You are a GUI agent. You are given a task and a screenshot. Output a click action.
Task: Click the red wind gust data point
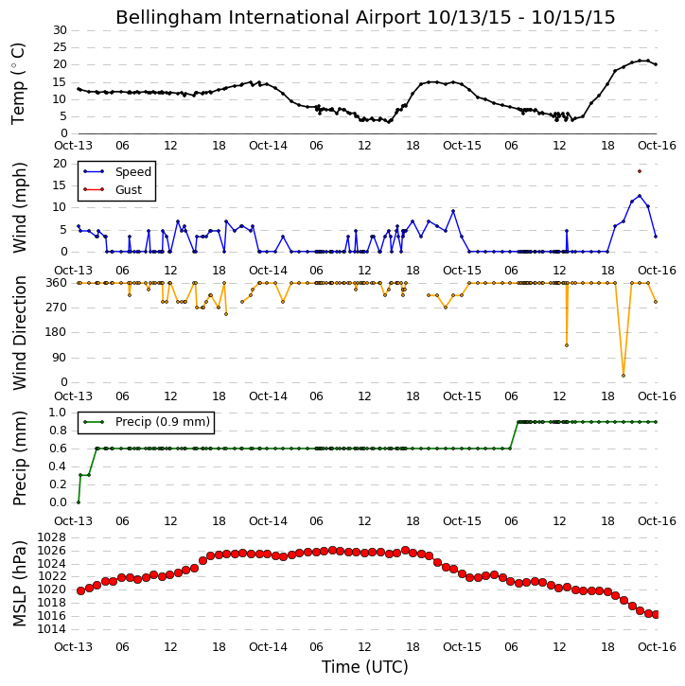click(640, 171)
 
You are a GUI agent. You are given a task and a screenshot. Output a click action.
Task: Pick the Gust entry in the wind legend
click(113, 190)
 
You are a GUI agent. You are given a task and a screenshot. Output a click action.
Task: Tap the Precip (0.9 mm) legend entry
click(147, 422)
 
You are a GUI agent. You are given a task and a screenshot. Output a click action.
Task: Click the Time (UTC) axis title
click(365, 667)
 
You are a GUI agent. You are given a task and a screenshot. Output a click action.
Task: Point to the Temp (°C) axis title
click(18, 83)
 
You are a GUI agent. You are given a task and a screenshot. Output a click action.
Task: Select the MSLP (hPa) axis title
click(19, 584)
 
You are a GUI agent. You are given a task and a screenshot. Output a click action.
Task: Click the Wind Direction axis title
click(19, 333)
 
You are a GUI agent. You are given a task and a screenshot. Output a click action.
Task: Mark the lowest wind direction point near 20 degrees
click(624, 376)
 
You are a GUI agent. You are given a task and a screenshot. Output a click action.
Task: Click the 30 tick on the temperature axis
click(60, 30)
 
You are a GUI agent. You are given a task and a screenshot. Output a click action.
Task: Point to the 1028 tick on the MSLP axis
click(52, 537)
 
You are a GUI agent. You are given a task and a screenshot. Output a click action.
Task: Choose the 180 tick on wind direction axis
click(57, 332)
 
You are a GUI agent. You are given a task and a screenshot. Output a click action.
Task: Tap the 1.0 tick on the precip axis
click(58, 413)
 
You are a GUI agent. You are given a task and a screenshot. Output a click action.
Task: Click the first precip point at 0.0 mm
click(79, 502)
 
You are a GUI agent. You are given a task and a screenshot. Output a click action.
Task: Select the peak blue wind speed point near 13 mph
click(640, 196)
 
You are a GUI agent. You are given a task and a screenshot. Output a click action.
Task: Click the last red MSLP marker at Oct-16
click(656, 615)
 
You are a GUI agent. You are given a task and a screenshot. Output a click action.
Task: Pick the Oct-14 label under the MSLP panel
click(268, 647)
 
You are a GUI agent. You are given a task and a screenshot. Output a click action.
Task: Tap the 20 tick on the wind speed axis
click(60, 164)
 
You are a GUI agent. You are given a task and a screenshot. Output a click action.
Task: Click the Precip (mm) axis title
click(19, 459)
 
